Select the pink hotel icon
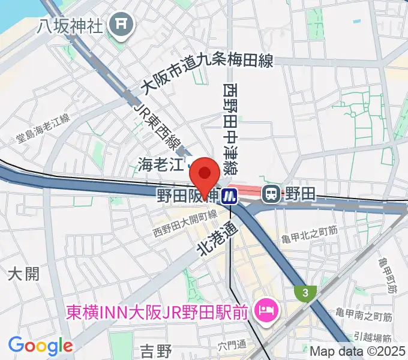[264, 310]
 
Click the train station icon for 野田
[272, 193]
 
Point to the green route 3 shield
[306, 293]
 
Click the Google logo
[40, 346]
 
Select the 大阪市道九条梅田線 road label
[207, 74]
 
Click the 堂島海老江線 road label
[43, 129]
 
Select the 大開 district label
[24, 274]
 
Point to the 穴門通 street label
[233, 345]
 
